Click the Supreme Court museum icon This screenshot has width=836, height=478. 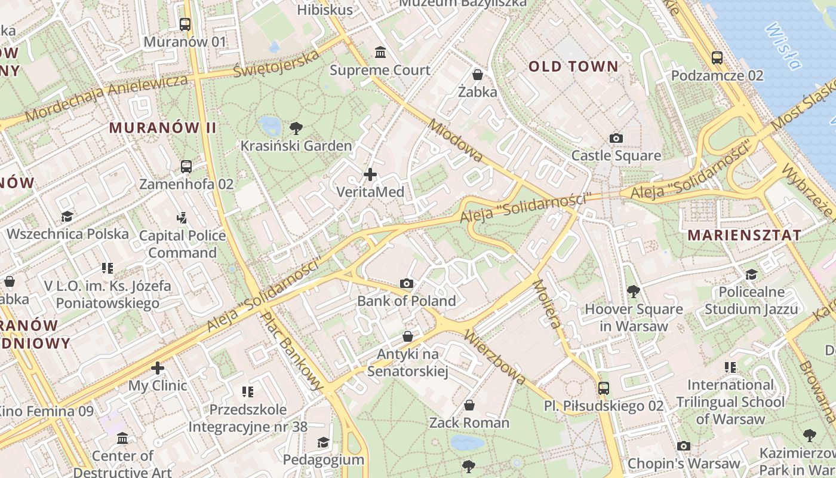point(380,53)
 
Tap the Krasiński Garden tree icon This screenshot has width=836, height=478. point(296,128)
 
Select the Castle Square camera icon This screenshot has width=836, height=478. point(616,138)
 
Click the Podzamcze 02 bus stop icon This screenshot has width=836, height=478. point(717,58)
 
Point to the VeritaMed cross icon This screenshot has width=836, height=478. point(370,174)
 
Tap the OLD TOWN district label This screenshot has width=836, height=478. point(573,67)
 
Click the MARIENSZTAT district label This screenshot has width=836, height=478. point(744,235)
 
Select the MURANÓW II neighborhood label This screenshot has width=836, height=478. point(162,128)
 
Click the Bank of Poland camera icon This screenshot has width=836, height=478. point(407,283)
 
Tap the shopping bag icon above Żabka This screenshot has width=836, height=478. point(478,75)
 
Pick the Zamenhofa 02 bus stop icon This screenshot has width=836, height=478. point(186,166)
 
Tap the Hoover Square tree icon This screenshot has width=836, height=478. point(634,292)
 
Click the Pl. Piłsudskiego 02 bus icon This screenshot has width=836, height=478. point(604,388)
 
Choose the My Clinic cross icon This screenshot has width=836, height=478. point(158,368)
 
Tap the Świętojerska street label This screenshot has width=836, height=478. point(276,63)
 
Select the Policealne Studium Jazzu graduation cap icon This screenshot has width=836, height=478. point(751,274)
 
